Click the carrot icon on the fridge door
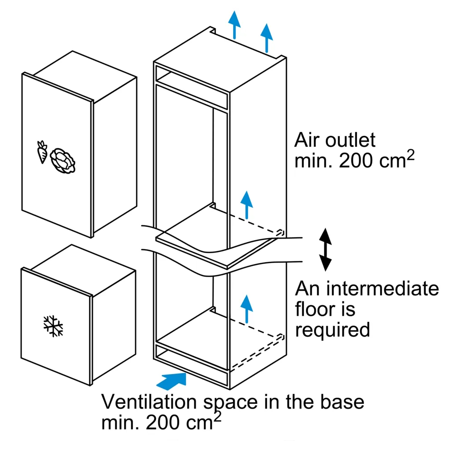coord(42,152)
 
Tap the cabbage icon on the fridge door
coord(63,160)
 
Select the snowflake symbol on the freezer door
coord(53,325)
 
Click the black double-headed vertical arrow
coord(325,249)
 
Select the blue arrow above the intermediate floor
coord(247,204)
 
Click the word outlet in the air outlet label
coord(351,140)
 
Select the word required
coord(332,329)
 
